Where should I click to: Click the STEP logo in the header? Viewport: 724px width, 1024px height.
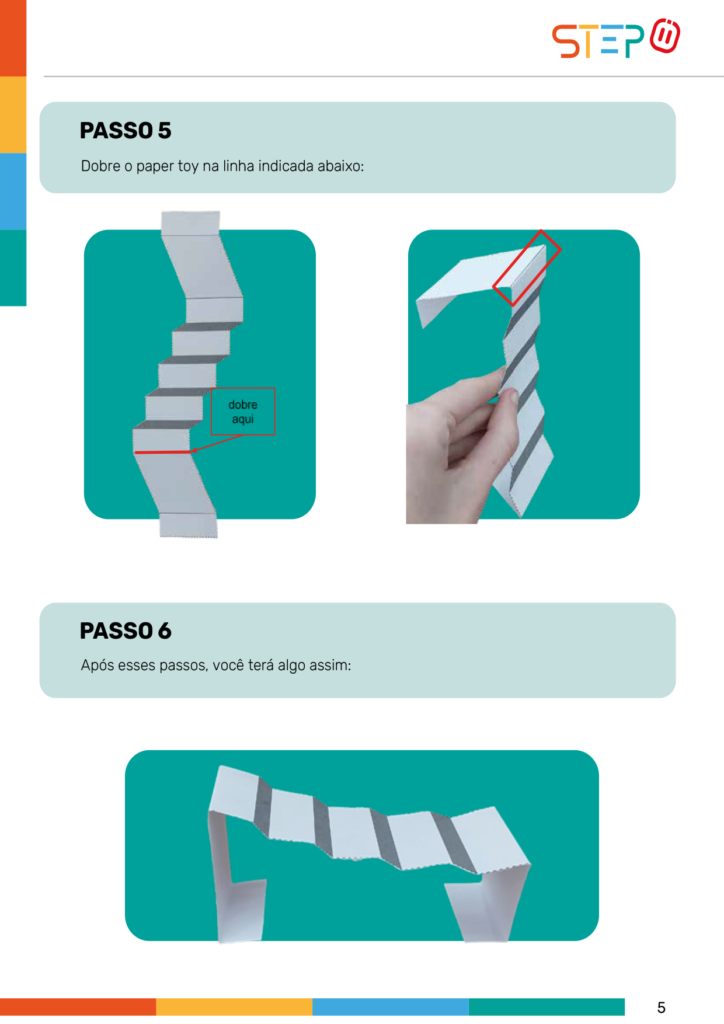(616, 39)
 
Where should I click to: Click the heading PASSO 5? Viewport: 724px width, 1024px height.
(125, 131)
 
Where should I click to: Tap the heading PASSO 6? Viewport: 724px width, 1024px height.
(125, 631)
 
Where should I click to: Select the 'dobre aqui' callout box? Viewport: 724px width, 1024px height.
(243, 411)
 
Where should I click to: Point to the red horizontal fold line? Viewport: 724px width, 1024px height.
(163, 452)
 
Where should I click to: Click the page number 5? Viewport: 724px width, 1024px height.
(661, 1008)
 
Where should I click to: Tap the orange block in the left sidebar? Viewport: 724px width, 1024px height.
(13, 38)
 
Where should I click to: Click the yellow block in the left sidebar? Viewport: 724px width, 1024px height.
(13, 114)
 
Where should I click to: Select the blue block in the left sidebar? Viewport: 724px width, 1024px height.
(13, 191)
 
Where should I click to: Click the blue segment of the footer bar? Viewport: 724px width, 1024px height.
(390, 1006)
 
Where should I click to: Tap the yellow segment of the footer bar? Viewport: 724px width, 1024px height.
(234, 1006)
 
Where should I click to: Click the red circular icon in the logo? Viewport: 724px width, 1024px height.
(665, 36)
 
